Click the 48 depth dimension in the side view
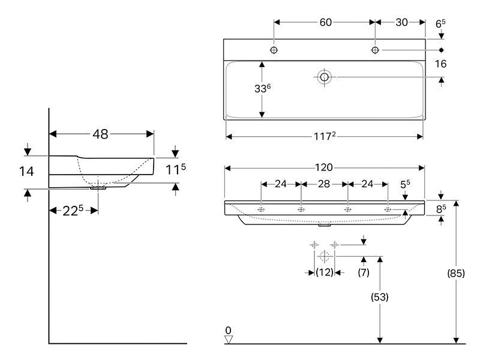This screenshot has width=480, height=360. click(x=100, y=134)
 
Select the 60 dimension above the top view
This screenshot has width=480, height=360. click(x=325, y=22)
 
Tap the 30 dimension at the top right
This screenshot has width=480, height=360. click(x=401, y=22)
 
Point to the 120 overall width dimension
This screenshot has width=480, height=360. click(x=324, y=167)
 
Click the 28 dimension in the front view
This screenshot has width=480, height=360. click(x=324, y=184)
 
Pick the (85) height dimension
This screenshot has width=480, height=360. click(x=456, y=273)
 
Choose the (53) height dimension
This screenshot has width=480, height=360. click(x=380, y=296)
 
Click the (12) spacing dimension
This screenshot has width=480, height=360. click(x=325, y=272)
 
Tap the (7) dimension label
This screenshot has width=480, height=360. click(x=364, y=272)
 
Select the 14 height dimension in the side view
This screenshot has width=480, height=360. click(x=26, y=172)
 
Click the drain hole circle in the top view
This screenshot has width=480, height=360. click(x=324, y=77)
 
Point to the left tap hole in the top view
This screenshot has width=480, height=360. click(x=274, y=50)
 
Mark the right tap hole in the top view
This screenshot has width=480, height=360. click(x=375, y=50)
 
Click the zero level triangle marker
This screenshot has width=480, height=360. click(x=229, y=340)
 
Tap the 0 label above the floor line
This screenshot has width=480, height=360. click(x=229, y=331)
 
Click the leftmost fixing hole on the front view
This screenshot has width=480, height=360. click(x=261, y=209)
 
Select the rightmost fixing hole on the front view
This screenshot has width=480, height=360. click(x=388, y=209)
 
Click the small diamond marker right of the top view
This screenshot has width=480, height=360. click(x=441, y=50)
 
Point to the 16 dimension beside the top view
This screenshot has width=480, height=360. click(x=440, y=64)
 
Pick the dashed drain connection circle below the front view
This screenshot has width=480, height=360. click(x=324, y=256)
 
